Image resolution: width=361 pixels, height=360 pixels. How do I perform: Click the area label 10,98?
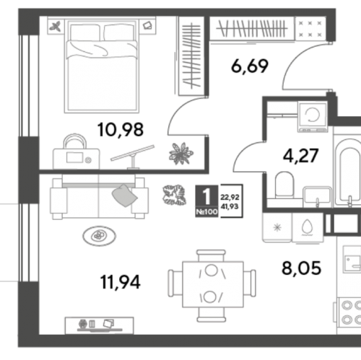tap(121, 130)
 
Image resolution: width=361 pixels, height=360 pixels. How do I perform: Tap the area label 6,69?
tap(250, 66)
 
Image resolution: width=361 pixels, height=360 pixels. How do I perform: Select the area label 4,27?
tap(301, 156)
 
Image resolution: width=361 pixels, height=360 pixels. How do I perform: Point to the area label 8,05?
tap(301, 268)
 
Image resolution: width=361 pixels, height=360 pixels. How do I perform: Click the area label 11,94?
tap(121, 282)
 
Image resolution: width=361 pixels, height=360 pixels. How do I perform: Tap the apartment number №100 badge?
tap(206, 212)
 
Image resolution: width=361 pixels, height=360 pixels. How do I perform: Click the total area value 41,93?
tap(230, 206)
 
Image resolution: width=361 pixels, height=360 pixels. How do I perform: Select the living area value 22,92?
tap(230, 197)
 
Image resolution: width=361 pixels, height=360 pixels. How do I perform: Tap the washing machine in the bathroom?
tap(313, 116)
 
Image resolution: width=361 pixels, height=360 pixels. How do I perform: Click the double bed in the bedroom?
tap(102, 65)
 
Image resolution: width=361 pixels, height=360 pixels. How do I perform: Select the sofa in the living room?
tap(99, 197)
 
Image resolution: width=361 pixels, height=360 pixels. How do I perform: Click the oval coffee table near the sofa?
tap(99, 236)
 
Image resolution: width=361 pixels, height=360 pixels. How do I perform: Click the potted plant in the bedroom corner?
tap(180, 154)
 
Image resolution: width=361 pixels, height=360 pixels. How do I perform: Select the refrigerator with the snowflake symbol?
tap(277, 227)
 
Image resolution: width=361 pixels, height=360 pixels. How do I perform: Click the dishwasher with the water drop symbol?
tap(308, 227)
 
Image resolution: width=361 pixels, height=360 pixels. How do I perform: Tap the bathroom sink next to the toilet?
tap(317, 196)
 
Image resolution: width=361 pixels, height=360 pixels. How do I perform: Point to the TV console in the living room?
tap(99, 325)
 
